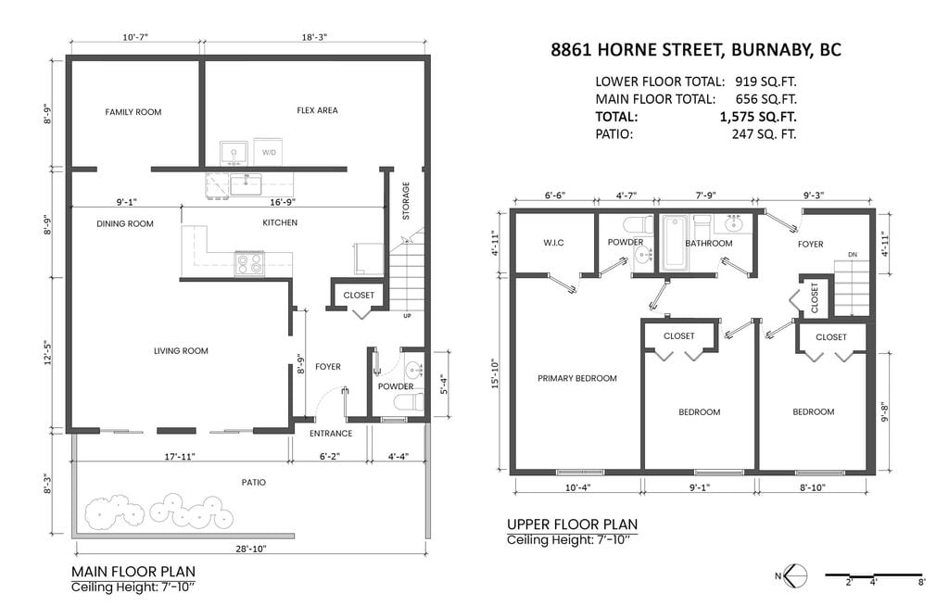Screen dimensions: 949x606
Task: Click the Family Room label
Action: coord(133,112)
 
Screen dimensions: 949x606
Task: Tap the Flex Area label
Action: coord(317,110)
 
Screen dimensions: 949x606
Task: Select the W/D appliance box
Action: coord(269,151)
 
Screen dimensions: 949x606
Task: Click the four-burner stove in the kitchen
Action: coord(248,263)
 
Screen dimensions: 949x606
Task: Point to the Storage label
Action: coord(406,200)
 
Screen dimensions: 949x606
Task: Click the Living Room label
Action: coord(181,350)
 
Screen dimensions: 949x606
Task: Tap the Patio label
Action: coord(254,483)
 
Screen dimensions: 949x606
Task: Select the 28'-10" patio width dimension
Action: coord(251,549)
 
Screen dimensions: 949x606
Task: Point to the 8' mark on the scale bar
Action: coord(921,583)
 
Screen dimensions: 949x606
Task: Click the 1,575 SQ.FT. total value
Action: coord(758,117)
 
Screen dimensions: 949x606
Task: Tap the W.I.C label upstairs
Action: coord(553,243)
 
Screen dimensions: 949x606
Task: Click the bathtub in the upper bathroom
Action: coord(676,243)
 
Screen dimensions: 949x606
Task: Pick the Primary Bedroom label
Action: coord(577,378)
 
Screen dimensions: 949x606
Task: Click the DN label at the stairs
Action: coord(853,255)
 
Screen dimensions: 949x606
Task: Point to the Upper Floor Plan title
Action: coord(572,524)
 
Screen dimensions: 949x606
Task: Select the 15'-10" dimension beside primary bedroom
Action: coord(495,372)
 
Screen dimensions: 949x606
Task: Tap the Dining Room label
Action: coord(125,223)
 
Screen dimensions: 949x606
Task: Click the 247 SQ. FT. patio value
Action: coord(764,134)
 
